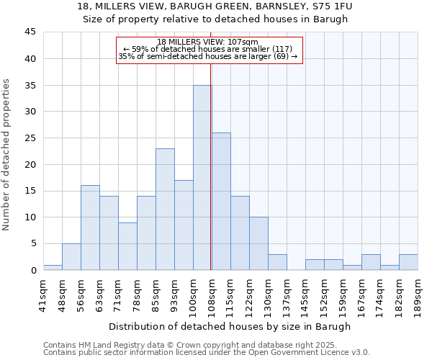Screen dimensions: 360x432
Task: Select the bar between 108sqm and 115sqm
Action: (221, 202)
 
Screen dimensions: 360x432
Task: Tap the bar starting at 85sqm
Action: (165, 209)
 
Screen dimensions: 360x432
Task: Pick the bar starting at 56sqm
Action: (90, 228)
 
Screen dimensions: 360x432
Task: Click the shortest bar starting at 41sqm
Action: (53, 267)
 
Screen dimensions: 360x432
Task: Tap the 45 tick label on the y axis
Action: (30, 32)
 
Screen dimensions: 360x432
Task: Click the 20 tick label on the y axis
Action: (30, 164)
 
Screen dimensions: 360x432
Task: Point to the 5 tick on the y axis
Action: (33, 243)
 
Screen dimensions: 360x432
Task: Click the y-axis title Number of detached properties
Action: (7, 155)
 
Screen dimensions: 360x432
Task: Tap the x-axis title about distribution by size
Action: (230, 326)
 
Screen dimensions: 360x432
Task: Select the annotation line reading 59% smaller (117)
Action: (208, 49)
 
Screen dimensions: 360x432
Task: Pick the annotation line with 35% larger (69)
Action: (208, 56)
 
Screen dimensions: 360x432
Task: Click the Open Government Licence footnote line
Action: (207, 352)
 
